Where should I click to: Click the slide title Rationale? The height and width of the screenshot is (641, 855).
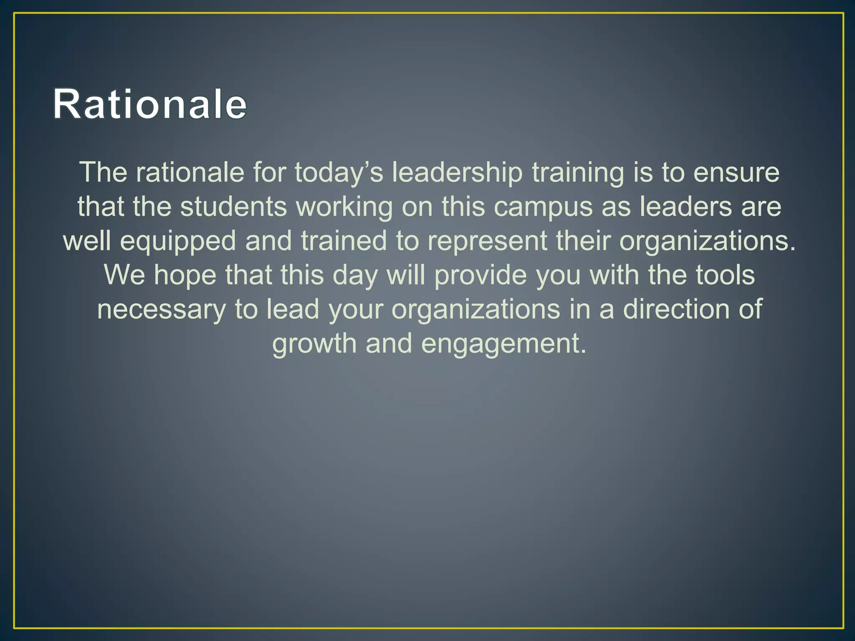tap(150, 104)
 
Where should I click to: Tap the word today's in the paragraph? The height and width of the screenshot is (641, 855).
tap(339, 172)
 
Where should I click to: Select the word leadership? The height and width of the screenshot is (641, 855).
tap(457, 172)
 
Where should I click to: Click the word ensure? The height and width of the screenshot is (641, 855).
tap(736, 172)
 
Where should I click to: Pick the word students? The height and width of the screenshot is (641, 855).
tap(234, 207)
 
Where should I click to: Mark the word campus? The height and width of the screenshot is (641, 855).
tap(543, 207)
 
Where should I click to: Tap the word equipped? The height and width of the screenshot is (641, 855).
tap(178, 242)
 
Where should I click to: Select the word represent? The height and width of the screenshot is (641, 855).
tap(487, 242)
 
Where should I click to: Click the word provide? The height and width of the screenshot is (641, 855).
tap(481, 276)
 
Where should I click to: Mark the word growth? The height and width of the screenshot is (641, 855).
tap(314, 344)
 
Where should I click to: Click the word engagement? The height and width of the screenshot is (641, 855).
tap(504, 344)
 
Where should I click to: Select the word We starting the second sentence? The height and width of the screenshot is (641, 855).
tap(124, 275)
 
